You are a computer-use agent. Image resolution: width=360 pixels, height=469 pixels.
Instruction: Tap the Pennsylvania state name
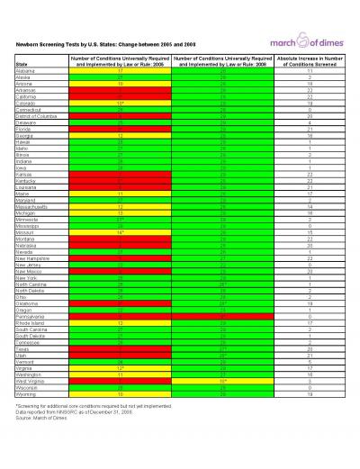point(31,318)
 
